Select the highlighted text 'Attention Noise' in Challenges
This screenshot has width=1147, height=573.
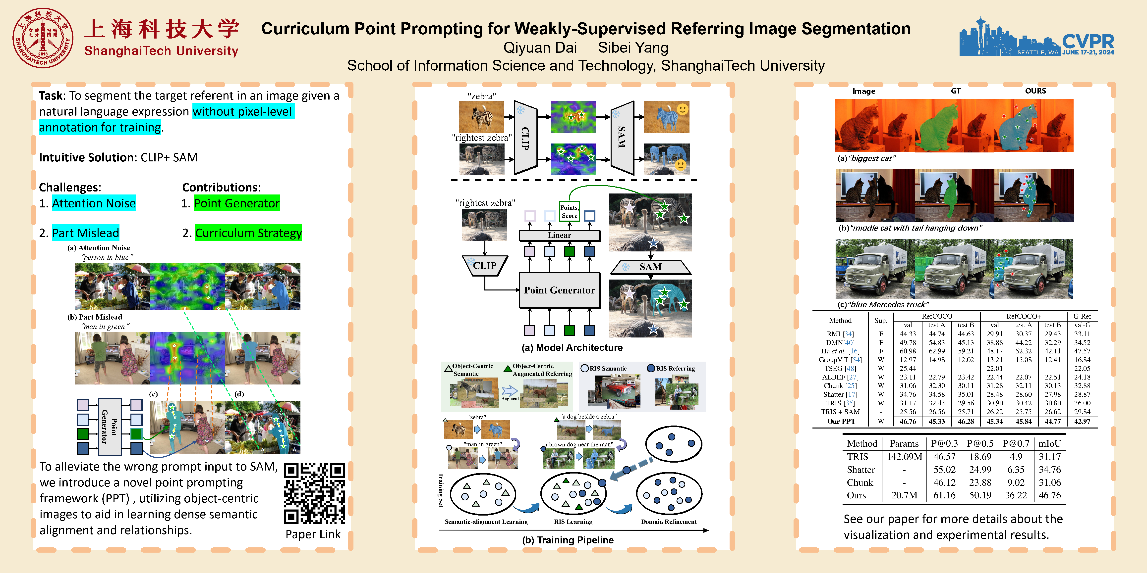coord(94,203)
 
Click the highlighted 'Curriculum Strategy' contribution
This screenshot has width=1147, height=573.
coord(248,233)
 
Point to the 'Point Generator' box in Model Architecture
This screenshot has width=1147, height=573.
coord(559,290)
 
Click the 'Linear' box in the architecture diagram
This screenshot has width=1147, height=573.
coord(559,235)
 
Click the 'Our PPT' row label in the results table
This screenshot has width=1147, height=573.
coord(841,421)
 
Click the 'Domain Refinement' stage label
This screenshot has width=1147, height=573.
coord(669,521)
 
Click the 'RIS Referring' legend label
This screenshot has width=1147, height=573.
coord(675,368)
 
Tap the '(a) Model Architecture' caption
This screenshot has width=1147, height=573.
coord(572,347)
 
